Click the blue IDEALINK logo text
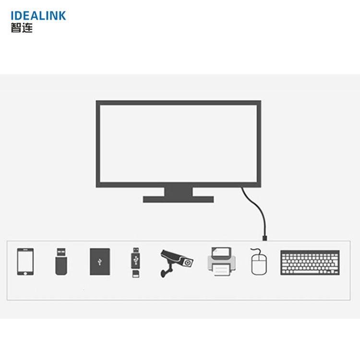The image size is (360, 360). point(38,16)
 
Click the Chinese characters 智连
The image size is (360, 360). point(22,28)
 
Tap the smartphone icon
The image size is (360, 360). point(25,262)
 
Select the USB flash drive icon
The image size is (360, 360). point(61,261)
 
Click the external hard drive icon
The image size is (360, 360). point(100,262)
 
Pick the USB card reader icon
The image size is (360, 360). point(136,262)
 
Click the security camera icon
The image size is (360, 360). point(176,263)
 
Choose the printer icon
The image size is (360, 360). point(222,262)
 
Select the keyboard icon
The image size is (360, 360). point(310,263)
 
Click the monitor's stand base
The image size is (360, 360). point(179,199)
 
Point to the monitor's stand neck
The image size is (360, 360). point(179,192)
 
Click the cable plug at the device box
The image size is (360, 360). point(264,238)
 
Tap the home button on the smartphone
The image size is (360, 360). point(25,273)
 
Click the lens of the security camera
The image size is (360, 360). point(188,263)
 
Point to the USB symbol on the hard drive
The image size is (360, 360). point(100,262)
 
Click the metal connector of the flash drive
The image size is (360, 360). point(61,252)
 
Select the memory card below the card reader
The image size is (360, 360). point(136,274)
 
